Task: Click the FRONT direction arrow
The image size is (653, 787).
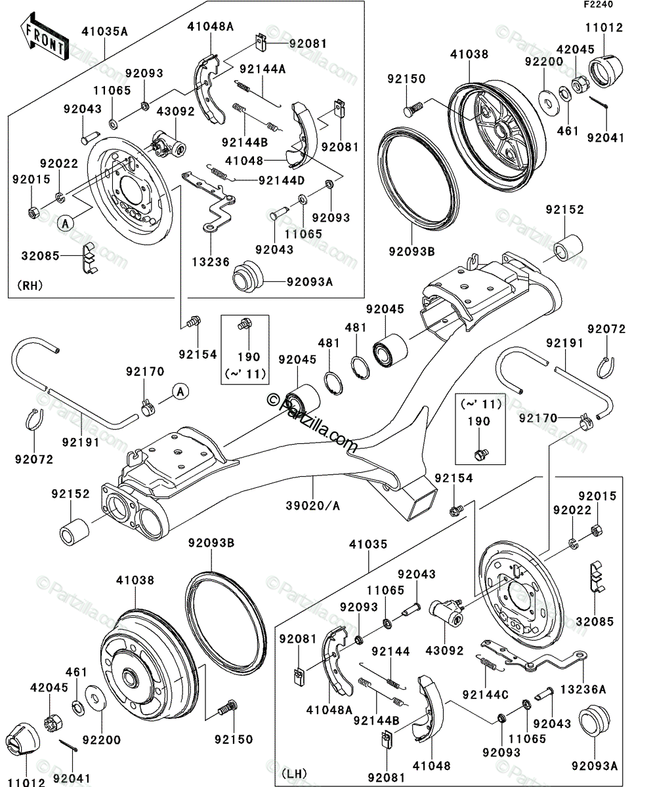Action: point(44,37)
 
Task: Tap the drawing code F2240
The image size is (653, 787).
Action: point(599,5)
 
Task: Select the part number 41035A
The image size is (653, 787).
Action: point(104,31)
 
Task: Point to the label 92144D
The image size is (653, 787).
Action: point(282,181)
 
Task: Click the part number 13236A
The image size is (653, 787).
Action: point(583,690)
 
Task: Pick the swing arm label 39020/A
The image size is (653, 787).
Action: point(313,506)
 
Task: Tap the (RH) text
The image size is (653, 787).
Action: point(30,285)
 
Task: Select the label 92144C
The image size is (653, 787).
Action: point(486,695)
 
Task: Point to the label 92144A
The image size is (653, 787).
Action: point(263,69)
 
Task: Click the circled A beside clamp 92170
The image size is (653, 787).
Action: point(180,392)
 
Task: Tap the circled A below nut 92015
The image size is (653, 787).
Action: point(65,224)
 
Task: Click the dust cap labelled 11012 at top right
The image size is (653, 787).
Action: point(606,71)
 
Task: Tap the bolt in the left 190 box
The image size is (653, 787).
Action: point(244,324)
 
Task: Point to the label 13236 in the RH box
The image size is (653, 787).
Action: point(211,262)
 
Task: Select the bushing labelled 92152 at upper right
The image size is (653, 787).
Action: point(568,248)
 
